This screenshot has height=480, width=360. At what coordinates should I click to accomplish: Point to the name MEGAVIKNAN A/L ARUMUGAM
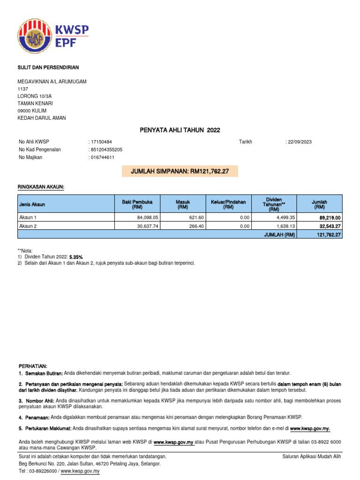(x=52, y=82)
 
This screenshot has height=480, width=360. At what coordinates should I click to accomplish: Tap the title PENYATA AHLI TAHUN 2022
(x=180, y=130)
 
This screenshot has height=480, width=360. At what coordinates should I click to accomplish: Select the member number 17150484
(x=101, y=142)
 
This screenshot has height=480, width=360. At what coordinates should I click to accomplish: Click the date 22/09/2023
(x=300, y=142)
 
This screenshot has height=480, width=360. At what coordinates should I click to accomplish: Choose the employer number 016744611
(x=102, y=157)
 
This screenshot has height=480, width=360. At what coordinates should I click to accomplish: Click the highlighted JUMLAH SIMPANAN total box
(x=180, y=172)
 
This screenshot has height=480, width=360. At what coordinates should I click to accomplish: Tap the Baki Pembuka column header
(x=137, y=204)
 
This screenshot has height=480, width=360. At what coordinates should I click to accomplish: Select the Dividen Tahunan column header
(x=273, y=204)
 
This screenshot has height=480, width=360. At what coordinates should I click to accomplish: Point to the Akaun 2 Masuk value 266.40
(x=196, y=226)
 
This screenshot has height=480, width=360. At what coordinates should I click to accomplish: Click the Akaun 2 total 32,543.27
(x=330, y=226)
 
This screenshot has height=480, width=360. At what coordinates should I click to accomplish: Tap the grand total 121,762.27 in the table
(x=329, y=234)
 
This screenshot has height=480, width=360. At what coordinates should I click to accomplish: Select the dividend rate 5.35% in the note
(x=76, y=257)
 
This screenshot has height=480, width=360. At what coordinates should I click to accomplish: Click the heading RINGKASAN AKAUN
(x=40, y=187)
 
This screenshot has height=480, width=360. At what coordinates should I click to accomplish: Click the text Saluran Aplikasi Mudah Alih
(x=312, y=457)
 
